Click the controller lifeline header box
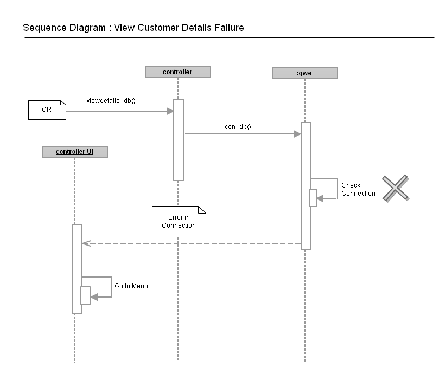(x=177, y=72)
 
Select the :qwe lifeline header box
(x=304, y=73)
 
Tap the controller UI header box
(x=74, y=152)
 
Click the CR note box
(x=47, y=109)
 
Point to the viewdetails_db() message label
(x=111, y=101)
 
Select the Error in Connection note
(x=179, y=222)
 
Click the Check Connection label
(x=358, y=189)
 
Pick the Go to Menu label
(x=131, y=286)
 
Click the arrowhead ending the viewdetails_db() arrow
(x=170, y=111)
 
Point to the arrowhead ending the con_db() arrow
(x=297, y=134)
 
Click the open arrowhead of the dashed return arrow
(x=85, y=243)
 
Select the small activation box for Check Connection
(x=313, y=198)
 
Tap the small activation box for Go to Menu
(x=85, y=295)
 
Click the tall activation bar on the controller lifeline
(x=179, y=139)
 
